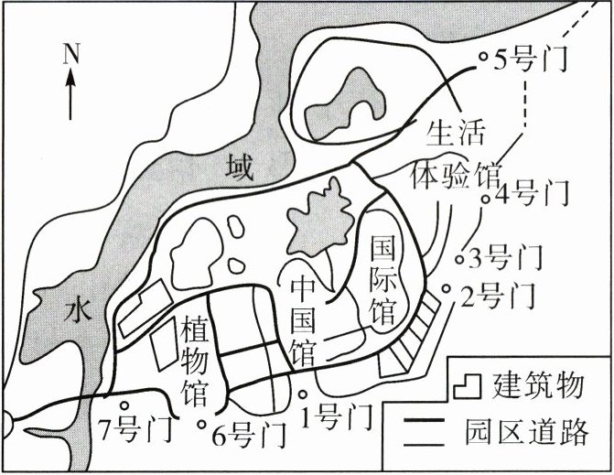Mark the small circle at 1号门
(x=304, y=394)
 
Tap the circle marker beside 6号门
(x=203, y=424)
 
